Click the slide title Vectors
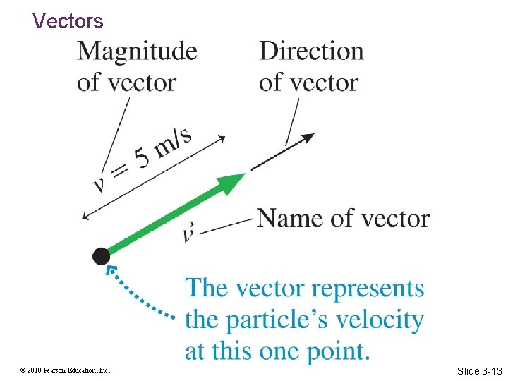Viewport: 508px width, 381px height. tap(68, 21)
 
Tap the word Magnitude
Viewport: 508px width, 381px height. tap(137, 52)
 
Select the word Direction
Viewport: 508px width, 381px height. tap(311, 52)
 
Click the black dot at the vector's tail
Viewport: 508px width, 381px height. tap(101, 256)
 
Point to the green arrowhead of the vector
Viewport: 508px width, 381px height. tap(231, 181)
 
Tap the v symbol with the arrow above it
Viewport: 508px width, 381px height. tap(188, 232)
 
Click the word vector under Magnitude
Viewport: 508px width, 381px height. tap(142, 83)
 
